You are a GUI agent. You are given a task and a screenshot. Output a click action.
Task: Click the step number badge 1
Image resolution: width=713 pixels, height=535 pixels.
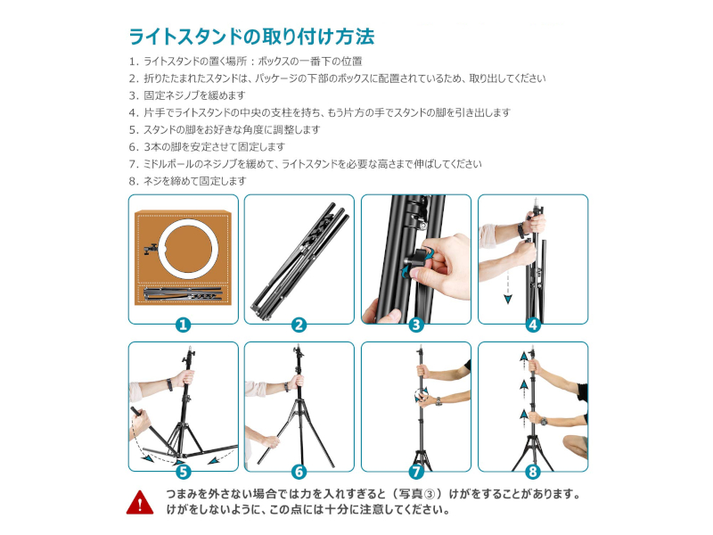(184, 325)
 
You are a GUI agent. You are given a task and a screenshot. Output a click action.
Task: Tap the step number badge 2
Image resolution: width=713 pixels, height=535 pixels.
(299, 325)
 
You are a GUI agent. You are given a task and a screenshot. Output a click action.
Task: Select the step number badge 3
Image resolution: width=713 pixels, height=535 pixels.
(416, 325)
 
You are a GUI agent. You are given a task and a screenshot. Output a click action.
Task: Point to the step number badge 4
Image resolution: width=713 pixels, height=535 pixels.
(533, 325)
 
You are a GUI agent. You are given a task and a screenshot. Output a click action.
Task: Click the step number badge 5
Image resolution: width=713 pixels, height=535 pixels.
(184, 472)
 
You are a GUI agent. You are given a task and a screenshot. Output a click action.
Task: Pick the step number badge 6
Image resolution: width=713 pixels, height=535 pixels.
(299, 472)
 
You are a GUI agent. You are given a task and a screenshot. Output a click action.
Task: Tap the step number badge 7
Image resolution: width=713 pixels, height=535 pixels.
(416, 472)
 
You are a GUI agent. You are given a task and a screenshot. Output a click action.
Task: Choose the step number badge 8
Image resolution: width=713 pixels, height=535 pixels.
(533, 472)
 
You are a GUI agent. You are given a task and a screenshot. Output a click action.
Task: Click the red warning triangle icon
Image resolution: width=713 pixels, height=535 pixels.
(140, 502)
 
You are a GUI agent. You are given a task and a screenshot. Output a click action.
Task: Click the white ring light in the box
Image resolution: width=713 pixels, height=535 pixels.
(189, 224)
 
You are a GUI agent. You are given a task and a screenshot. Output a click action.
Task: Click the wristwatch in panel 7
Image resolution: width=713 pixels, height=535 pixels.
(438, 402)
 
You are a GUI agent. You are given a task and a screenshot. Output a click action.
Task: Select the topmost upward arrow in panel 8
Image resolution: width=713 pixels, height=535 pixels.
(524, 357)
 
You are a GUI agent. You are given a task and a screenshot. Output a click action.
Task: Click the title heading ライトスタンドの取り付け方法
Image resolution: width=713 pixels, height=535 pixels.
(251, 37)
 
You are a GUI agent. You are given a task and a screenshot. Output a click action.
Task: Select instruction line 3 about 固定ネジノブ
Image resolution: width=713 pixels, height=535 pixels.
(187, 95)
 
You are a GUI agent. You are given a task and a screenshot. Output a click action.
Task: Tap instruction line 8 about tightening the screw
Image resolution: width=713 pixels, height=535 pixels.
(187, 181)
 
